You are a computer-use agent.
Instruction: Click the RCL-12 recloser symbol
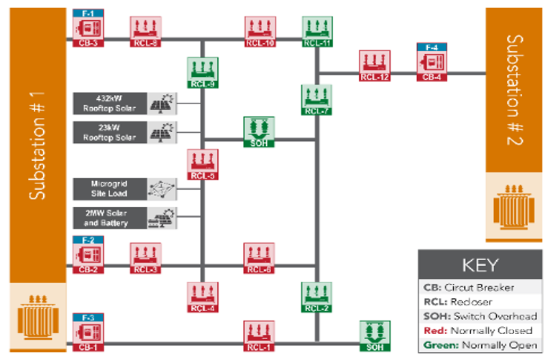click(x=374, y=65)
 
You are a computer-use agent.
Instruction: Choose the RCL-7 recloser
click(x=316, y=99)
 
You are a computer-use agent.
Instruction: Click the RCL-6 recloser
click(x=259, y=258)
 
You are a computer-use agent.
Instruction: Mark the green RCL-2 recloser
click(x=316, y=296)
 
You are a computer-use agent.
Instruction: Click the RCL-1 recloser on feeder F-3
click(x=259, y=335)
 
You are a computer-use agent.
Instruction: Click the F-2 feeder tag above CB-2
click(x=88, y=239)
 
